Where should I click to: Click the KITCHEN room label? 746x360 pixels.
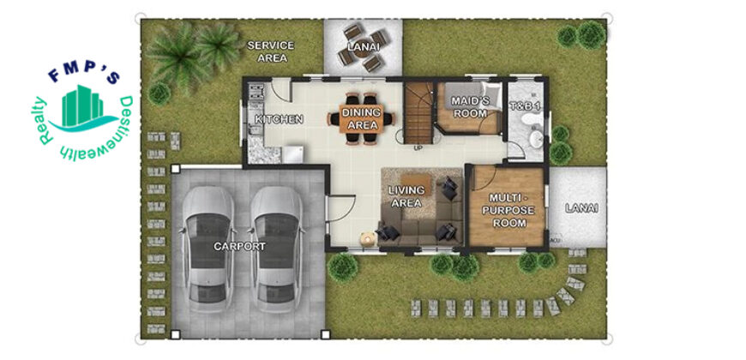coord(280,119)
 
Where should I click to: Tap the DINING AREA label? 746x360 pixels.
coord(362,119)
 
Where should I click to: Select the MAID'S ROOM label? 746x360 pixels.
coord(469,107)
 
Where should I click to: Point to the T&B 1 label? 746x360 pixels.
coord(525,107)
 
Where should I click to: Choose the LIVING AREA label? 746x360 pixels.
coord(406,196)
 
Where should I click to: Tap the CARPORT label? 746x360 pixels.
coord(239,246)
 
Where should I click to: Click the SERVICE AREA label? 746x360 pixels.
coord(271,51)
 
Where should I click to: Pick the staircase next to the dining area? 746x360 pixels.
coord(418,112)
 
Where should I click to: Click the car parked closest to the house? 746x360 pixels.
coord(277,249)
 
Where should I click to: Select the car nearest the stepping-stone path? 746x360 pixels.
coord(208,249)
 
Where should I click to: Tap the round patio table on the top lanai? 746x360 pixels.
coord(364,49)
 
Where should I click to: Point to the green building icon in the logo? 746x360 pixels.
coord(82,106)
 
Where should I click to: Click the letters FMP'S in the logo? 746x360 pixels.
coord(85,75)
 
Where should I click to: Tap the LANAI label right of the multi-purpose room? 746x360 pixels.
coord(581,207)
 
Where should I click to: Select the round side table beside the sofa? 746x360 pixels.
coord(367,238)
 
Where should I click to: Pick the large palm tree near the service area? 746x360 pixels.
coord(178,56)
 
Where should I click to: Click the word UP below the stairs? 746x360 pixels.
coord(418,148)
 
